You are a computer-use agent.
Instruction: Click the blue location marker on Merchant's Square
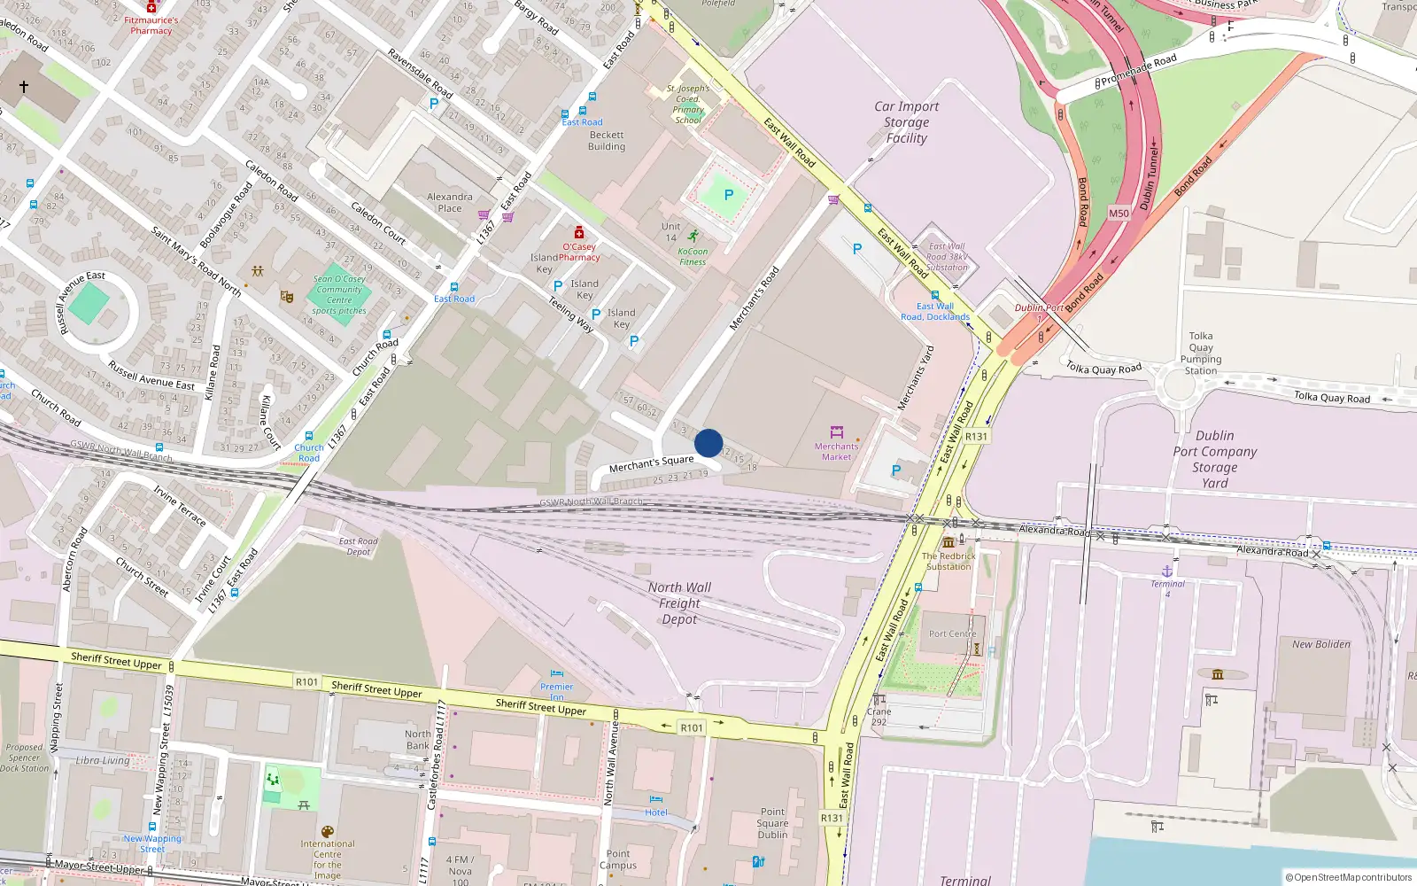[x=708, y=443]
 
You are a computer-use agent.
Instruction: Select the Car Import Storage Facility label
[x=906, y=122]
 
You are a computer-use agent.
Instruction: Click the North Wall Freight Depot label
[x=679, y=603]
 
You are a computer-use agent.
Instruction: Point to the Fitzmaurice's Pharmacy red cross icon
[x=151, y=7]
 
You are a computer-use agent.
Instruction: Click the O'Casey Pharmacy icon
[x=579, y=233]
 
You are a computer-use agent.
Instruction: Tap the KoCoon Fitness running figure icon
[x=693, y=236]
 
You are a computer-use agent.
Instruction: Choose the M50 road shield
[x=1119, y=214]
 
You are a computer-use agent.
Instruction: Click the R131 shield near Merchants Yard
[x=976, y=437]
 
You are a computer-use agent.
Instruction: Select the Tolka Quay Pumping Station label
[x=1201, y=354]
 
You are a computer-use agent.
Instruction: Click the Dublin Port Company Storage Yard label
[x=1214, y=459]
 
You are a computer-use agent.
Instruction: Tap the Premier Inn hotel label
[x=556, y=687]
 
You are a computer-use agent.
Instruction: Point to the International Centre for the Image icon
[x=327, y=832]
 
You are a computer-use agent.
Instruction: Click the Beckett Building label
[x=607, y=141]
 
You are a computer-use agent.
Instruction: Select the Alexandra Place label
[x=450, y=203]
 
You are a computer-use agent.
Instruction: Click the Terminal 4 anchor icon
[x=1167, y=571]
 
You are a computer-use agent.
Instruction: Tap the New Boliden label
[x=1321, y=644]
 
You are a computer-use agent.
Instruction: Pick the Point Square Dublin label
[x=772, y=823]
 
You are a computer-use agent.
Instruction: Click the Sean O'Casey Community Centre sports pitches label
[x=339, y=295]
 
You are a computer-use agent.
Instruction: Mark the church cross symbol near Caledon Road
[x=24, y=86]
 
